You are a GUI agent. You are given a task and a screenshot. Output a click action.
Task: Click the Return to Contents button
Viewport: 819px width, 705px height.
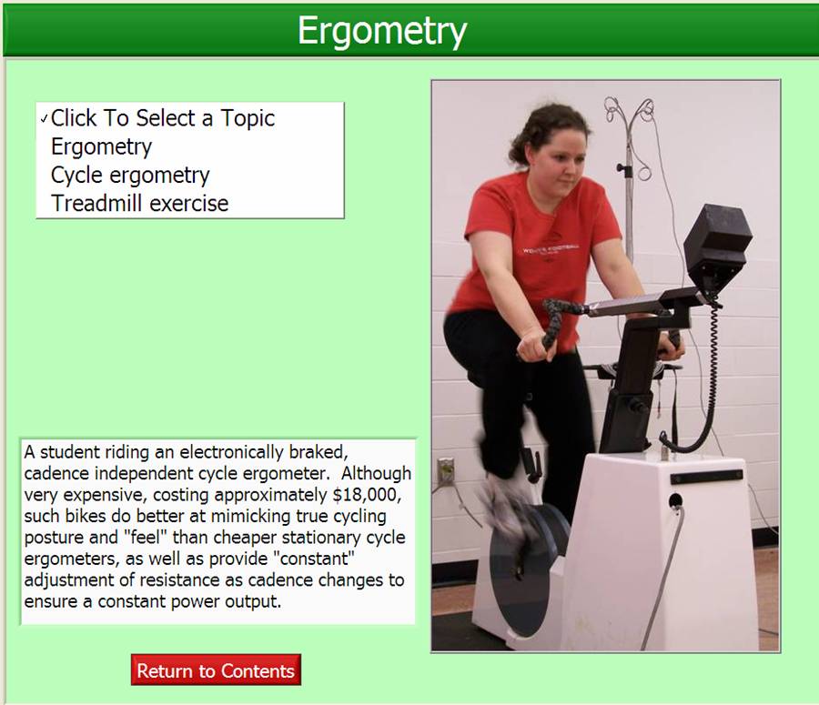(216, 670)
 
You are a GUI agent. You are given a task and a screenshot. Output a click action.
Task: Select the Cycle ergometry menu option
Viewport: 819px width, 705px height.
(130, 175)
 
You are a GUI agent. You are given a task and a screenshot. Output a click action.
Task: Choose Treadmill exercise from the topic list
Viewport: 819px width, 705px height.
(139, 203)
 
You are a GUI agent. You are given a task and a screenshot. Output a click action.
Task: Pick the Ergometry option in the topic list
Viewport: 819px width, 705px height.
(101, 146)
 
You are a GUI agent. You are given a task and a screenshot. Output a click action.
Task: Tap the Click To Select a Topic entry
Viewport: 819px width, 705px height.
(163, 118)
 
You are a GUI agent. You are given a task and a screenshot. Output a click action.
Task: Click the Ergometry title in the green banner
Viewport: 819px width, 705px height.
(382, 30)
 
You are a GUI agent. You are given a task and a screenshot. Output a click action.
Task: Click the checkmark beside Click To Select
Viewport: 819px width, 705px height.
(44, 119)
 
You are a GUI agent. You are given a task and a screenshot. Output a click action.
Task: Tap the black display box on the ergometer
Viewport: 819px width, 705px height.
(717, 245)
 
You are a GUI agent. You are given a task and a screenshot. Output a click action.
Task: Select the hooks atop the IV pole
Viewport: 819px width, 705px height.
(630, 111)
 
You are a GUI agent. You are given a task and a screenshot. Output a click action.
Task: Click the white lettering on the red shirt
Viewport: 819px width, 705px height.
(550, 248)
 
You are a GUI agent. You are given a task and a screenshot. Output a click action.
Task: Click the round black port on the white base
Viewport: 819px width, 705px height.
(675, 501)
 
